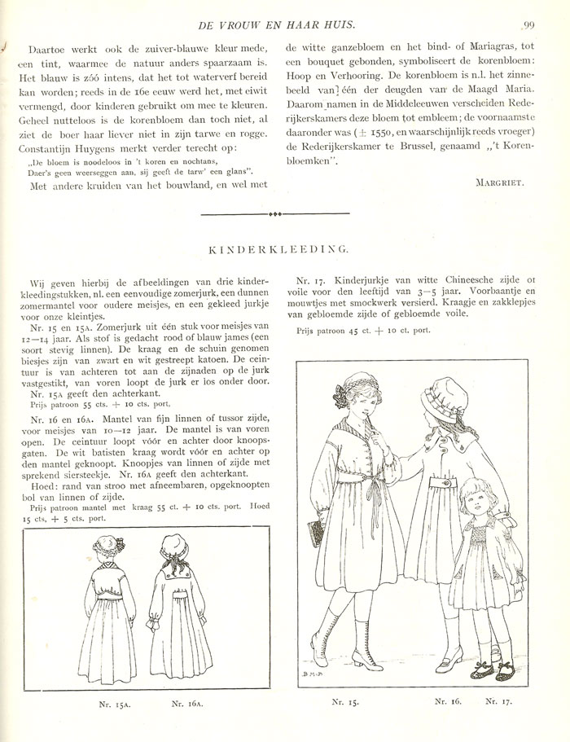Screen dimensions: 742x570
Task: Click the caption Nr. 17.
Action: point(500,700)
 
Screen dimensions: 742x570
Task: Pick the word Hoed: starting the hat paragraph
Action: point(40,493)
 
